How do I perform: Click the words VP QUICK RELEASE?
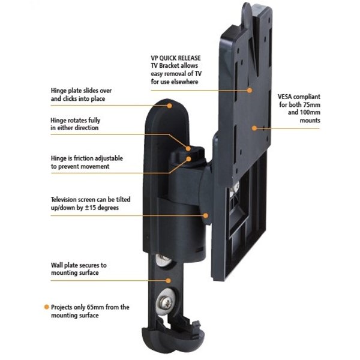pyautogui.click(x=175, y=58)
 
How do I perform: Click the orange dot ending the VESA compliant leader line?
pyautogui.click(x=254, y=127)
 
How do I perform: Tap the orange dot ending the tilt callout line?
pyautogui.click(x=206, y=214)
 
